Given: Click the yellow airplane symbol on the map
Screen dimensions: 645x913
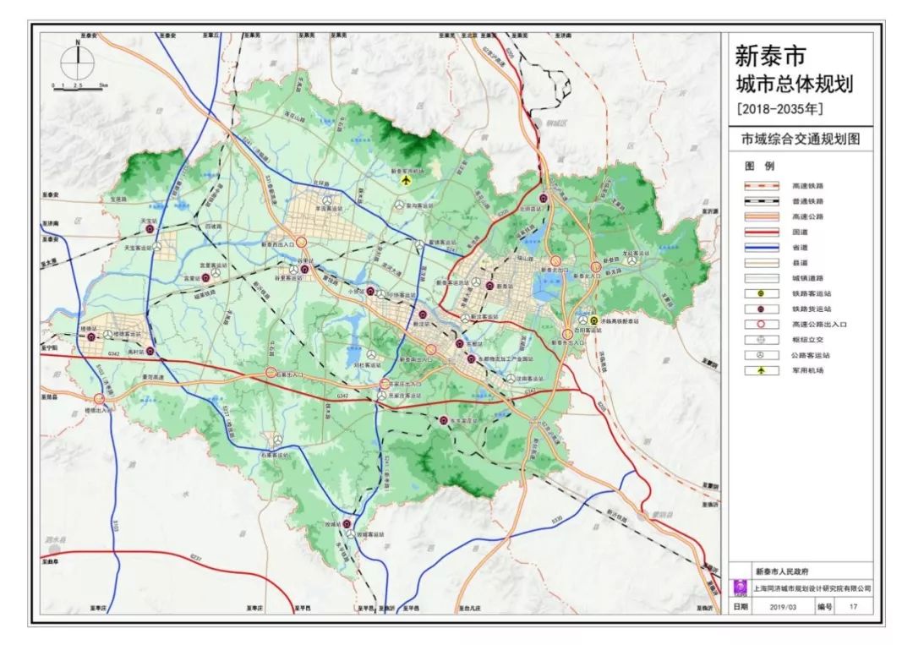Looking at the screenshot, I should (x=407, y=180).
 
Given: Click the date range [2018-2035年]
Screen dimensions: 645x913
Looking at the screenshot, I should (x=779, y=109).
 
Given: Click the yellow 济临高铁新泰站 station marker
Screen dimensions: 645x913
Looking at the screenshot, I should (x=593, y=320).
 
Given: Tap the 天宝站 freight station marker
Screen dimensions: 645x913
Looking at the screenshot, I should (x=150, y=228).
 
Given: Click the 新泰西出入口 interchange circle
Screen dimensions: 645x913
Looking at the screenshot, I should (x=301, y=242).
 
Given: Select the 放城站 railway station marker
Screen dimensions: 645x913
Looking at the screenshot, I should (x=347, y=524).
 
